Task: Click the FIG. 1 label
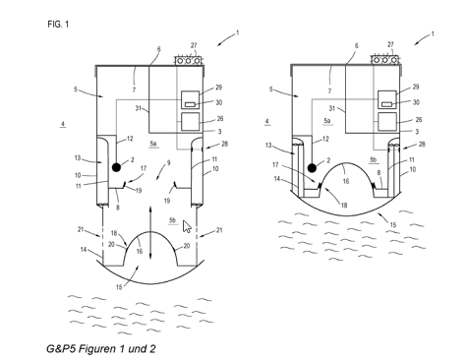point(58,25)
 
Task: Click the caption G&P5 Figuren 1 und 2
point(101,348)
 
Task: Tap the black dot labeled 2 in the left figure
point(116,167)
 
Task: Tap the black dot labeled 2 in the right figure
point(312,168)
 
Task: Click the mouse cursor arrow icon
point(187,226)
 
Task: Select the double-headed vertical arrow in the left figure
point(150,232)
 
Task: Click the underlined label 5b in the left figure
point(172,221)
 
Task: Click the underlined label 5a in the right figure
point(327,121)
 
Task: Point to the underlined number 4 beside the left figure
point(63,124)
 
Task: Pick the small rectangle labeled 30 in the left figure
point(191,104)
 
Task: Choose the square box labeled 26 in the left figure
point(191,121)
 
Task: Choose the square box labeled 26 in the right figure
point(387,122)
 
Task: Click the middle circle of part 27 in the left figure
point(188,61)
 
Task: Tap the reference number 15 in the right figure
point(393,225)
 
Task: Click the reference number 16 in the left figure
point(140,251)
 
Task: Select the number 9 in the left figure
point(169,162)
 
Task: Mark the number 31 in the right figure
point(332,108)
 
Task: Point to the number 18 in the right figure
point(344,206)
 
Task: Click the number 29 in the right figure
point(416,87)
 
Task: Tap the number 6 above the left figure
point(159,49)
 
